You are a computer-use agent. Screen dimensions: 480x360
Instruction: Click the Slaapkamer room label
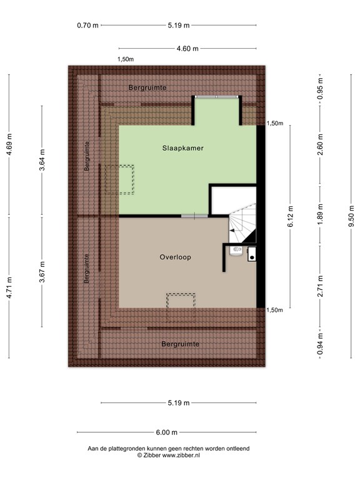click(x=183, y=148)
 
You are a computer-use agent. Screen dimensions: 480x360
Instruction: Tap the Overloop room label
click(x=175, y=257)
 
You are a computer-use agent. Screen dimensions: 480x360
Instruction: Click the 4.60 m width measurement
click(x=187, y=49)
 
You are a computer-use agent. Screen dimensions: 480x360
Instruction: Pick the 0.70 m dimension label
click(x=87, y=26)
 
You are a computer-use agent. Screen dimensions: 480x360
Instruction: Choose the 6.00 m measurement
click(x=167, y=432)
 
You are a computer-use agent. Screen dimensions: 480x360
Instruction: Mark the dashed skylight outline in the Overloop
click(x=182, y=299)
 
